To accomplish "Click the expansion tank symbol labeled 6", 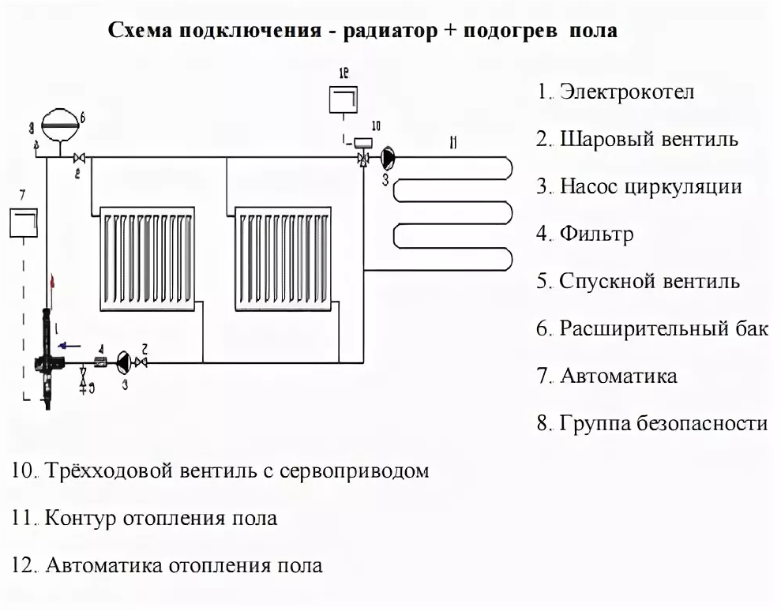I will tap(60, 121).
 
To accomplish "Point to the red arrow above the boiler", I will tap(52, 280).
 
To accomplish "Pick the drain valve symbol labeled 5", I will tap(84, 385).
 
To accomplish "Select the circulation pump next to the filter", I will tap(124, 362).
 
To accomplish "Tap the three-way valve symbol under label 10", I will tap(363, 158).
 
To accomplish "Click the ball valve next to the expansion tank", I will tap(79, 157).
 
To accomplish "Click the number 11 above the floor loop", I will tap(452, 142).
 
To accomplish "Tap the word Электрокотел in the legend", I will tap(627, 92).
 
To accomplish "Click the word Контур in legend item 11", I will tap(82, 519).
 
